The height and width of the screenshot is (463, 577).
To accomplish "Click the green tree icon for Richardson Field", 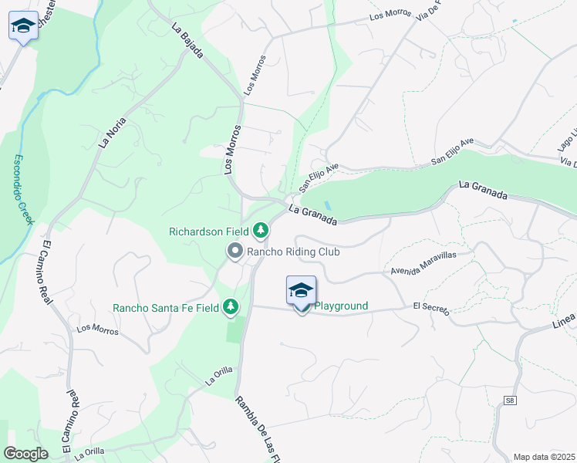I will coord(262,230).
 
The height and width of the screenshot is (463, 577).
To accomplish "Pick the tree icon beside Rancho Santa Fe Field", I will coord(230,307).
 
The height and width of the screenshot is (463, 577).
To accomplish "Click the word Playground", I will coord(340,306).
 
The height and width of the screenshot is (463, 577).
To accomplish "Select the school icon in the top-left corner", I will coord(24,26).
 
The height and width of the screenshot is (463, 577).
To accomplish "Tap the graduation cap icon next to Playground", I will coord(301,290).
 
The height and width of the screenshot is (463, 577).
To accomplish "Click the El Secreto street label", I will coord(430,307).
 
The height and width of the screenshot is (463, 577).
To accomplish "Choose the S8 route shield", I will coord(510,400).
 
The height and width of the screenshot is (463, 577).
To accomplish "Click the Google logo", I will coord(26,454).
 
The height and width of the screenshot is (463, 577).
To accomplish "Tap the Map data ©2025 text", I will coord(544,457).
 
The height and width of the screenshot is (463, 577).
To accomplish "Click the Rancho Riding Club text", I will coord(294,252).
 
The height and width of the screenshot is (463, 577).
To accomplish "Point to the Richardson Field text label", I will coord(209,231).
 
